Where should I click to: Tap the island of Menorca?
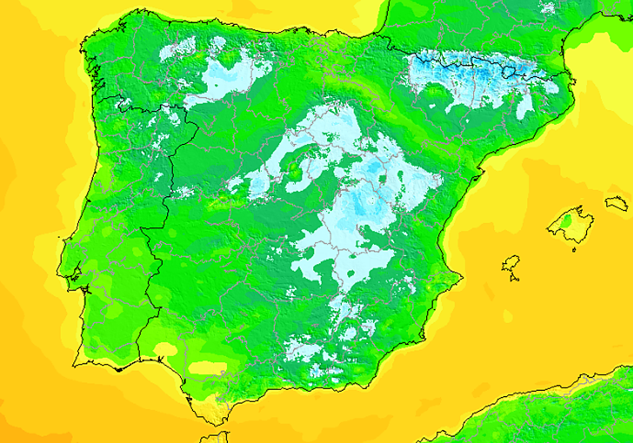tap(617, 203)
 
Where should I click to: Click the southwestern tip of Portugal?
tap(74, 364)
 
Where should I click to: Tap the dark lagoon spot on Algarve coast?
tap(119, 369)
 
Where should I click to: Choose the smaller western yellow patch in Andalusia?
tap(165, 349)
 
